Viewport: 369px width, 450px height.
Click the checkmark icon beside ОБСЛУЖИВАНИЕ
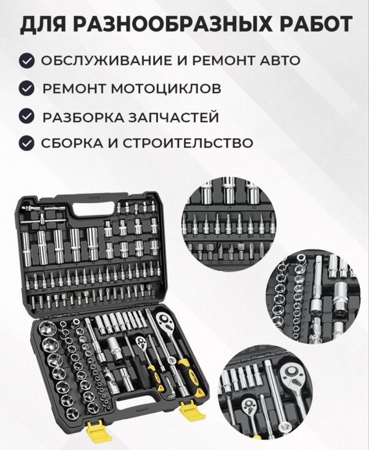click(x=26, y=61)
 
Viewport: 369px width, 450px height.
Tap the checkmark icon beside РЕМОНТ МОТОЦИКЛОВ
click(x=26, y=88)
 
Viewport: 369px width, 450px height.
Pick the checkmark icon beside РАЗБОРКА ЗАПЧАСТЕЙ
click(x=26, y=116)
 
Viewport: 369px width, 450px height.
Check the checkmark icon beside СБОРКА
click(x=26, y=142)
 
